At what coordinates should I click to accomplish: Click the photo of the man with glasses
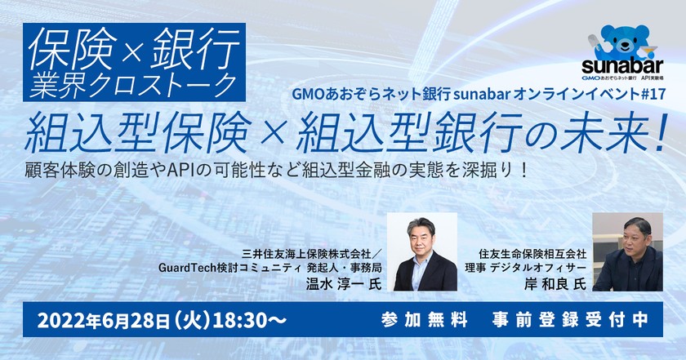click(x=421, y=252)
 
